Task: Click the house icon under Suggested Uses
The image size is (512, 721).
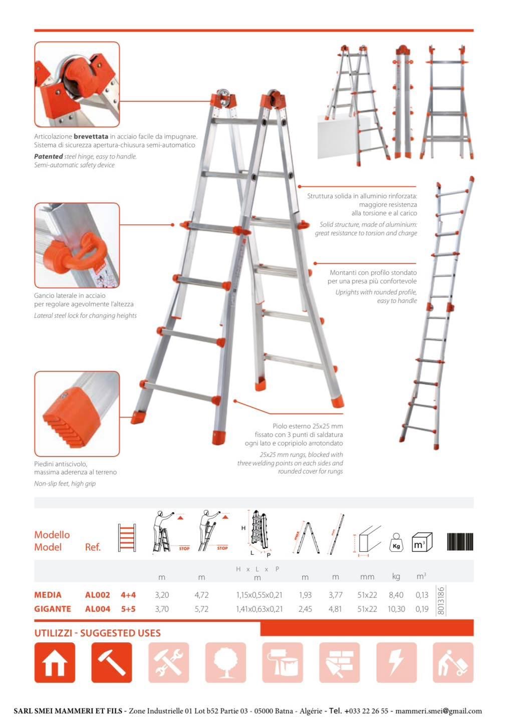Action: [55, 662]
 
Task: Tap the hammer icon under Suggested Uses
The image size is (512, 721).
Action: [112, 662]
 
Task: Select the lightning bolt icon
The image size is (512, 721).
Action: [396, 662]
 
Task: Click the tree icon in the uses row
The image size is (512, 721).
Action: [225, 662]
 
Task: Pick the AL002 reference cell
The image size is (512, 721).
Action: [97, 595]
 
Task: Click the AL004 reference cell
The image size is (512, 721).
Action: [97, 609]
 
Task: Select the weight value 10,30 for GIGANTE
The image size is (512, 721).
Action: [396, 609]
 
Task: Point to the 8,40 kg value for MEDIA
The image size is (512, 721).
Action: [396, 595]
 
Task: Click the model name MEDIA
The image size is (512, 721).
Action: [48, 595]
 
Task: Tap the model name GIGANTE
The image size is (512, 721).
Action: [52, 609]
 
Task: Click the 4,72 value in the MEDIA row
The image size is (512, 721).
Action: [201, 595]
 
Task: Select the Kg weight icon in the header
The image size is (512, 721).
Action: [396, 542]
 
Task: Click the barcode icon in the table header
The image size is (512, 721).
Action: [459, 542]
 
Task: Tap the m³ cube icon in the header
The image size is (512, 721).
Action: [421, 542]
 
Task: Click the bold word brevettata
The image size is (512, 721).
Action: [91, 136]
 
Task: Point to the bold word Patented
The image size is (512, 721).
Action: [48, 156]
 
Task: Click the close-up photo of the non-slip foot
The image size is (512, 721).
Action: [77, 414]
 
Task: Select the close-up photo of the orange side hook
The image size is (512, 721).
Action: [77, 245]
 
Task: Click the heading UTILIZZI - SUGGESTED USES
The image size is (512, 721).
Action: [97, 633]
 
